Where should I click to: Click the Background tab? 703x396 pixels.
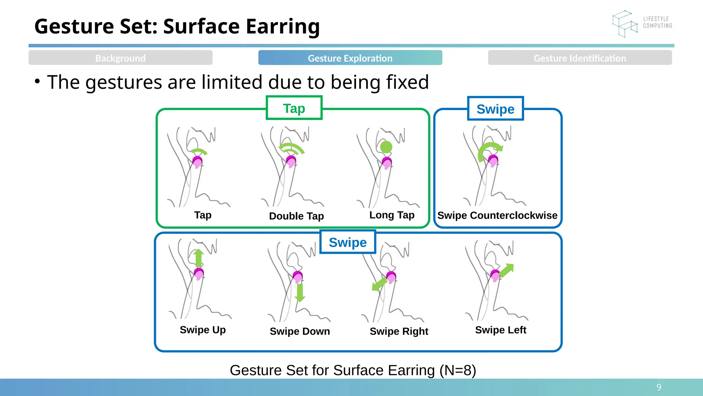coord(120,58)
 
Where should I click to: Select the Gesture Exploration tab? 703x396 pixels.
coord(350,58)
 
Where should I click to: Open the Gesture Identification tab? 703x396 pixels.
coord(580,58)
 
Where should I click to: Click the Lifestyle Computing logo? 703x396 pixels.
coord(642,23)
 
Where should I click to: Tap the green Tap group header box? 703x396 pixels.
coord(294,108)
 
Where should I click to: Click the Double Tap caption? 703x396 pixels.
coord(297,216)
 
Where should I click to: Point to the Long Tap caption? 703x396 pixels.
coord(392,215)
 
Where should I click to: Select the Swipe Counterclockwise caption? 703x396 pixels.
coord(497,215)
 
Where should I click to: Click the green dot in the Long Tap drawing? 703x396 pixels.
coord(386,147)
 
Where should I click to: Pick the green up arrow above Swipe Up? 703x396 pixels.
coord(198,258)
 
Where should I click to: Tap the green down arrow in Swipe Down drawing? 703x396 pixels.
coord(300,293)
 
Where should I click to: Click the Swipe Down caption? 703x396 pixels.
coord(300,331)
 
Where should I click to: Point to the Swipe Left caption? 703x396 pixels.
coord(500,330)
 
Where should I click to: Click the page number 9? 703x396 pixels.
coord(659,387)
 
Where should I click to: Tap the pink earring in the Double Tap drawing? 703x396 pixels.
coord(291,161)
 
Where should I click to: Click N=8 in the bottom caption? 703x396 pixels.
coord(458,370)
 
